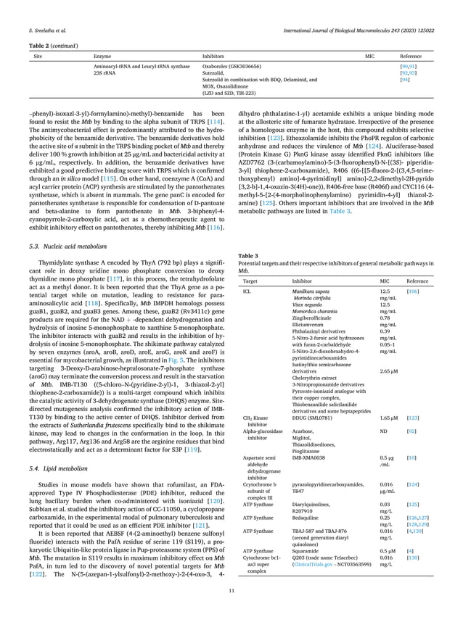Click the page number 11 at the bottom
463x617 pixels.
coord(231,592)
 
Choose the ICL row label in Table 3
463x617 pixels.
coord(247,290)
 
